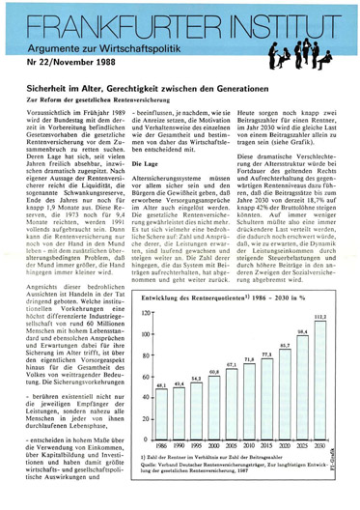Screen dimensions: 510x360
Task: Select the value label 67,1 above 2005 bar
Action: click(x=232, y=365)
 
